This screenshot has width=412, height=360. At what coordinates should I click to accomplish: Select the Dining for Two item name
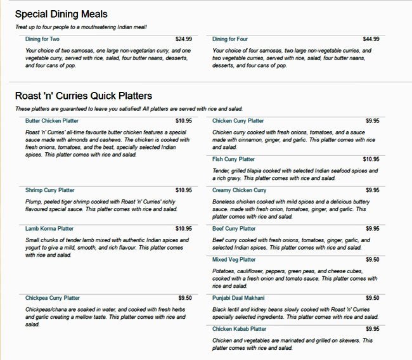(x=42, y=39)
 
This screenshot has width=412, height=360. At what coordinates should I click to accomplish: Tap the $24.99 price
(x=184, y=39)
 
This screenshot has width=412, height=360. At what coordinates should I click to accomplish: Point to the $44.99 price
(x=371, y=39)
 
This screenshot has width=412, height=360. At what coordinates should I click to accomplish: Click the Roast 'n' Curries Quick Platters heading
(x=84, y=96)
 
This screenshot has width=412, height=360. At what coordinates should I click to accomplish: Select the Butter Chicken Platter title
(x=52, y=120)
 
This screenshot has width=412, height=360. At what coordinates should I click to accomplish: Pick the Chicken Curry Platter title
(x=238, y=120)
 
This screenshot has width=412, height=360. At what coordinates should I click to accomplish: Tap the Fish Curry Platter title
(x=233, y=159)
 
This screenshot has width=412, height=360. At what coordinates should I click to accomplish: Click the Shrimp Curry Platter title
(x=50, y=190)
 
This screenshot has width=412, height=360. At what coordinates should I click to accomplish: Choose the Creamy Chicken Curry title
(x=239, y=190)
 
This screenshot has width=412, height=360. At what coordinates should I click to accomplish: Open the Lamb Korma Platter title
(x=49, y=229)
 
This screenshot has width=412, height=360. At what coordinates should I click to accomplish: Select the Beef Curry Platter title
(x=234, y=229)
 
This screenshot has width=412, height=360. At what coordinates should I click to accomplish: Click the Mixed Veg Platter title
(x=234, y=260)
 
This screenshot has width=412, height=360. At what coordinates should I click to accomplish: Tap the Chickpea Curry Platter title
(x=53, y=298)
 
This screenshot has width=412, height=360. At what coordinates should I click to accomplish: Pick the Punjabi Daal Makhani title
(x=238, y=298)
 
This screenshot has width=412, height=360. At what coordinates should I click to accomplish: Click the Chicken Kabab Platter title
(x=239, y=329)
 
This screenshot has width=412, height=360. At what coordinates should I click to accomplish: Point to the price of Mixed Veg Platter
(x=372, y=260)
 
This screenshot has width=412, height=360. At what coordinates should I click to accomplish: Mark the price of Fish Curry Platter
(x=371, y=159)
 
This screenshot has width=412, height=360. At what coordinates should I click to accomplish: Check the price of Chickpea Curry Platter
(x=185, y=298)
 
